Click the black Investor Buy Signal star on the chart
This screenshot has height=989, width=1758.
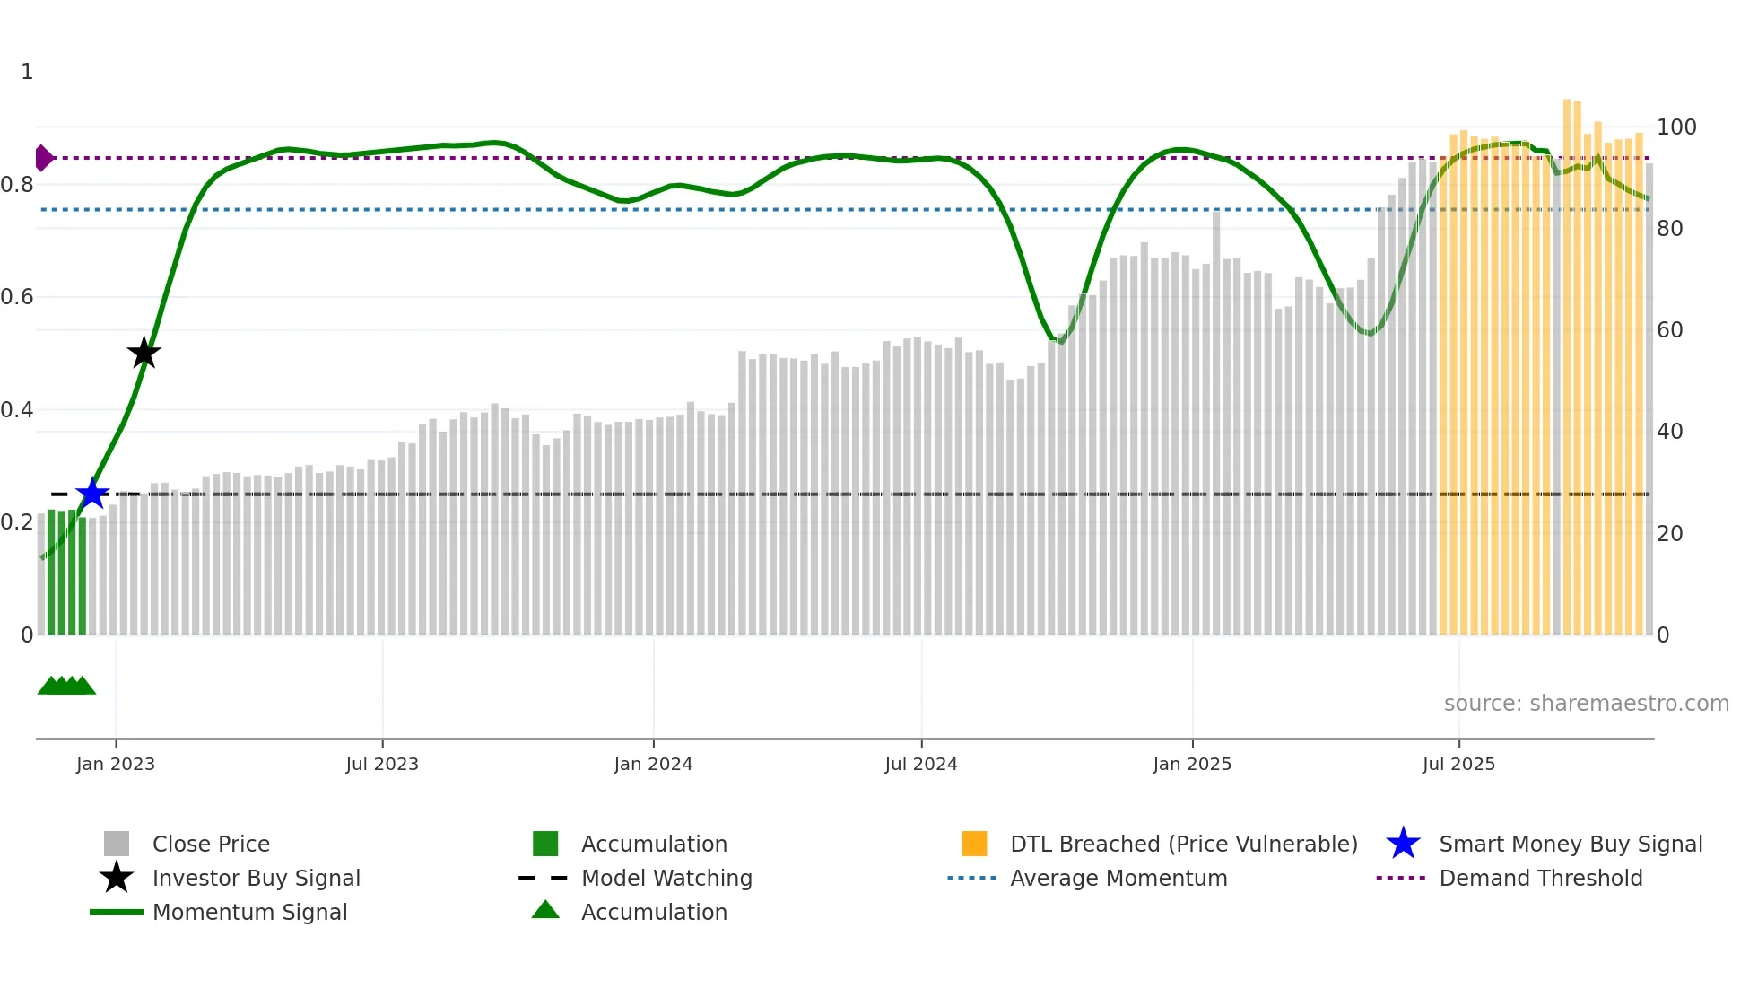[x=144, y=353]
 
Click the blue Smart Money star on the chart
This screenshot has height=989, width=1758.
[x=92, y=494]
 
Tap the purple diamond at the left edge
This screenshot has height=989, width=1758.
[x=43, y=158]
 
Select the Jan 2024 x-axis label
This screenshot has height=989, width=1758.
[x=653, y=764]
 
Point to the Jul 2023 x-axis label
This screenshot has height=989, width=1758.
[x=382, y=764]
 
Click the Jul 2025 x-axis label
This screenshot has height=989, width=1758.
[x=1458, y=764]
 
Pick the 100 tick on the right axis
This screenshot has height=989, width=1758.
[x=1675, y=127]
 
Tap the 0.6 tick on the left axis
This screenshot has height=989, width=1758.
[x=17, y=297]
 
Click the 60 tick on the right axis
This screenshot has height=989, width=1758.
[x=1669, y=330]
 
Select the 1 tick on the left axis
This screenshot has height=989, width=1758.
[x=27, y=72]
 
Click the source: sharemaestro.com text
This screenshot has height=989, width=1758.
[x=1586, y=704]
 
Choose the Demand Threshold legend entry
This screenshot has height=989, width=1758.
[x=1540, y=878]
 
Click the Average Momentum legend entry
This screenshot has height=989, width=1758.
[x=1118, y=878]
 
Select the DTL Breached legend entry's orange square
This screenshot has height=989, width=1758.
[x=974, y=844]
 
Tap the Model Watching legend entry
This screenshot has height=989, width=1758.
[x=666, y=878]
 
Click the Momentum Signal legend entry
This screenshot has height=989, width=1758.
[x=249, y=912]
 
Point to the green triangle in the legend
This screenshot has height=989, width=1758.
[x=545, y=910]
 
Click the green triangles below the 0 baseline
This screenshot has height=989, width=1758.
[x=66, y=686]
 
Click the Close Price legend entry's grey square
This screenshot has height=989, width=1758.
[x=117, y=844]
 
